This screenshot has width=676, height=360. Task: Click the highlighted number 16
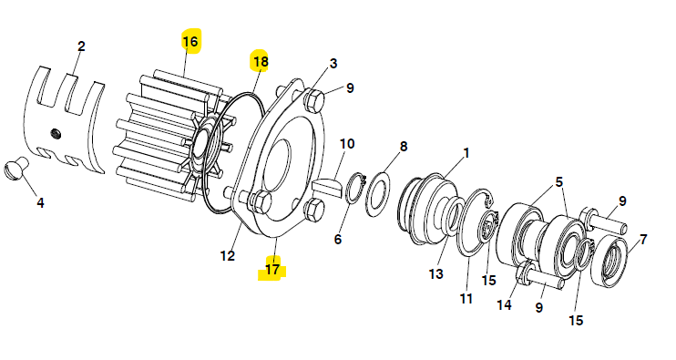point(190,41)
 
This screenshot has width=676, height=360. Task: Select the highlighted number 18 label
point(261,62)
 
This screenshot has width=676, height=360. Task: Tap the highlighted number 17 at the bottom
point(272,270)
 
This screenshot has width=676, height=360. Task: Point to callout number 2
point(81,46)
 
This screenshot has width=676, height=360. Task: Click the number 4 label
point(40,202)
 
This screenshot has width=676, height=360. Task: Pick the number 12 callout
point(227,256)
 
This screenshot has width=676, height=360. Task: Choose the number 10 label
point(347,144)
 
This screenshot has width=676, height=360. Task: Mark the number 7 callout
point(643,239)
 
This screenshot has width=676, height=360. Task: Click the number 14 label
point(504,304)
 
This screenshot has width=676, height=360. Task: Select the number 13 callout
point(435,273)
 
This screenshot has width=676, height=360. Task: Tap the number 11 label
point(466,298)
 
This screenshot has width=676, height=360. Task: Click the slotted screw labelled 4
point(16,168)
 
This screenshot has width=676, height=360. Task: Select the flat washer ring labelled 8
point(378,193)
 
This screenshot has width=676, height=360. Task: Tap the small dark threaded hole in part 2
point(56,134)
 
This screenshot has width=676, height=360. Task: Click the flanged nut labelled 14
point(523,273)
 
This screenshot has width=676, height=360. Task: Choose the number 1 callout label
point(466,153)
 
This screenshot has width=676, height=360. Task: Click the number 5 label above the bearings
point(558,182)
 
